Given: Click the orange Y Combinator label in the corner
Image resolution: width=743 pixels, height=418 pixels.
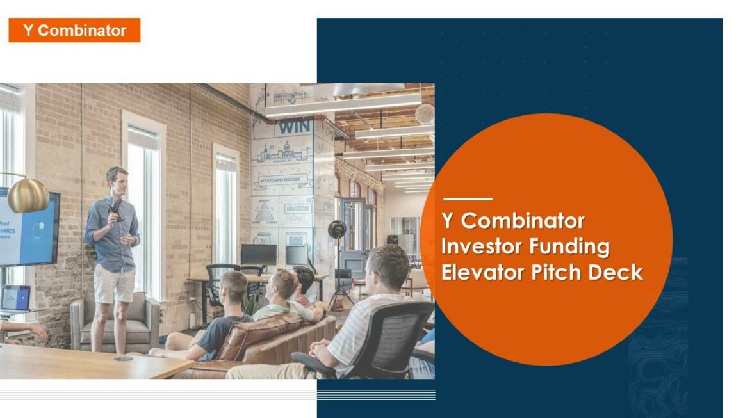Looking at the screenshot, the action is (74, 30).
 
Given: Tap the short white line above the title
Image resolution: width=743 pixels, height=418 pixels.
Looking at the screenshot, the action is (468, 199).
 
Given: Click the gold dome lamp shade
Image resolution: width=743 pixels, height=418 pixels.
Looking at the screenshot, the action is (28, 195).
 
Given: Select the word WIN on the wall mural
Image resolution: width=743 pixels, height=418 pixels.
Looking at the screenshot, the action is (294, 127).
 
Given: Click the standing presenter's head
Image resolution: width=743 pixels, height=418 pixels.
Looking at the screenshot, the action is (117, 181).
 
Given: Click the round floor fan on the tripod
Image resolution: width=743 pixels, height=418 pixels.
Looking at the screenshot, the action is (337, 230).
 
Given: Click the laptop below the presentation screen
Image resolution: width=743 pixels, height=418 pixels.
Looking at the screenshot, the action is (15, 298).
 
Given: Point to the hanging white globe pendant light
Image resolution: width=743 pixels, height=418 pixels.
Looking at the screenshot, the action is (425, 114).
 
